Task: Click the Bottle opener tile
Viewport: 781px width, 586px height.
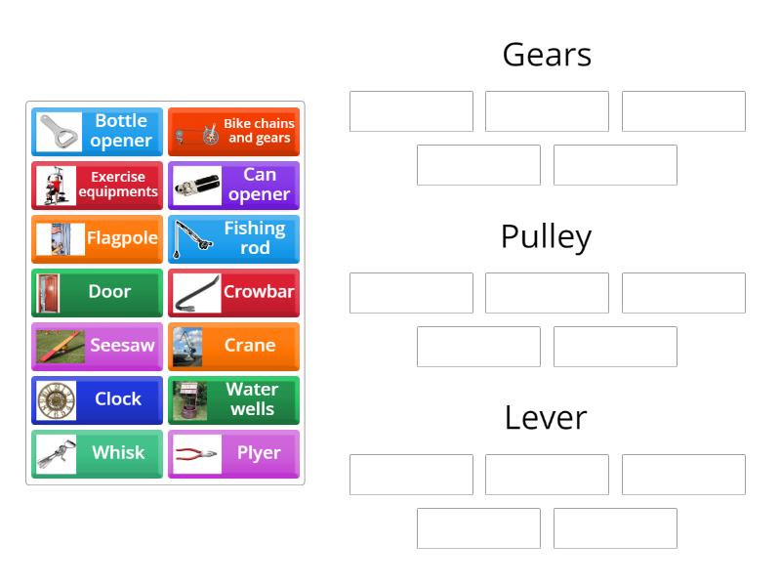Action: tap(97, 132)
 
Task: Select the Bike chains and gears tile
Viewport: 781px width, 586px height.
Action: tap(233, 132)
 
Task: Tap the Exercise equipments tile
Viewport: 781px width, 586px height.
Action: tap(97, 186)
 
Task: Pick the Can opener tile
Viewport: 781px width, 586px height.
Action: tap(233, 186)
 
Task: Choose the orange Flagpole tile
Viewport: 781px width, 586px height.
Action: tap(97, 239)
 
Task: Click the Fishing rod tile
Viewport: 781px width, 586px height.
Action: tap(233, 239)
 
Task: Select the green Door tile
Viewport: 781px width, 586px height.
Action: tap(97, 292)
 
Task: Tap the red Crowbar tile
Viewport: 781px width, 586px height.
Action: tap(233, 292)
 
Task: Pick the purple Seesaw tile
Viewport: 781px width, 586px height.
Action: tap(97, 346)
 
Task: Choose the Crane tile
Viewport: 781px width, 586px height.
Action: tap(233, 346)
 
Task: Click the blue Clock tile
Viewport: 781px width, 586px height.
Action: tap(97, 399)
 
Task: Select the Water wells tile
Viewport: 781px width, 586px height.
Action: tap(233, 399)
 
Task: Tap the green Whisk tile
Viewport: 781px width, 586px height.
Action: tap(97, 453)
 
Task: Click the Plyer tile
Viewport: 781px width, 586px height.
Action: tap(233, 453)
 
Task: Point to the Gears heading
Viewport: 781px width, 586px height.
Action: tap(547, 55)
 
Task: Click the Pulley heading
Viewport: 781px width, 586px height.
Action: tap(547, 236)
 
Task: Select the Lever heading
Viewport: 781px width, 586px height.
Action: tap(547, 418)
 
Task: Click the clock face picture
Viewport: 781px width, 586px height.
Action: tap(56, 400)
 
